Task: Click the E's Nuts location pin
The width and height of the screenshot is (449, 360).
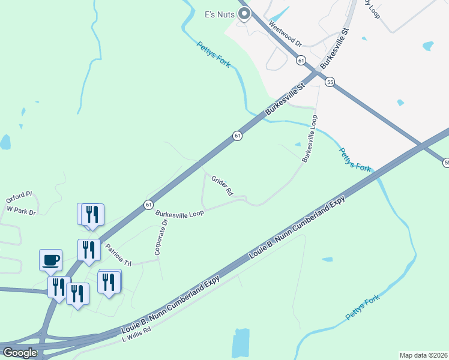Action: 244,13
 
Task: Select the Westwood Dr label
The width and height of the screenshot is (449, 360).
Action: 285,35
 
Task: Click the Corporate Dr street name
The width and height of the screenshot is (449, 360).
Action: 161,238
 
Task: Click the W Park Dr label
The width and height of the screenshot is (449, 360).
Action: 21,211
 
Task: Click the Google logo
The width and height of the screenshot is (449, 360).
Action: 20,353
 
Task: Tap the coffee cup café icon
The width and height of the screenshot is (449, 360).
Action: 50,260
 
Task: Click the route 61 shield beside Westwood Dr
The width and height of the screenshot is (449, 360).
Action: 301,60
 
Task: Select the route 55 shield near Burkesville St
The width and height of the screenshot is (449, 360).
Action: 330,82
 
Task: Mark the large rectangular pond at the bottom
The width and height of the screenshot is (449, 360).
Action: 240,343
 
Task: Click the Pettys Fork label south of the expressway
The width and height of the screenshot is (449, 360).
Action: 363,307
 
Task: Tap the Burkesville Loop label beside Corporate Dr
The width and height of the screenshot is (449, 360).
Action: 179,213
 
